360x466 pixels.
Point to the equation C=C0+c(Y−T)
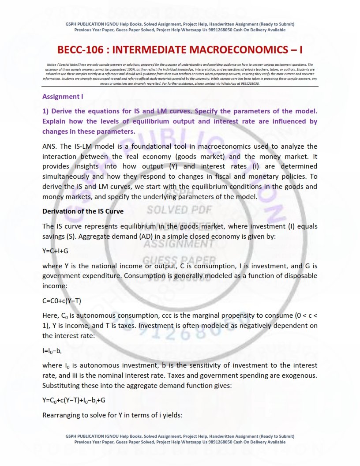click(x=62, y=301)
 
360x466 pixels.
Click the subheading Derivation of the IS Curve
click(x=83, y=211)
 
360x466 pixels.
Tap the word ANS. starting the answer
click(x=50, y=146)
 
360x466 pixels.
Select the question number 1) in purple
click(x=46, y=109)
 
